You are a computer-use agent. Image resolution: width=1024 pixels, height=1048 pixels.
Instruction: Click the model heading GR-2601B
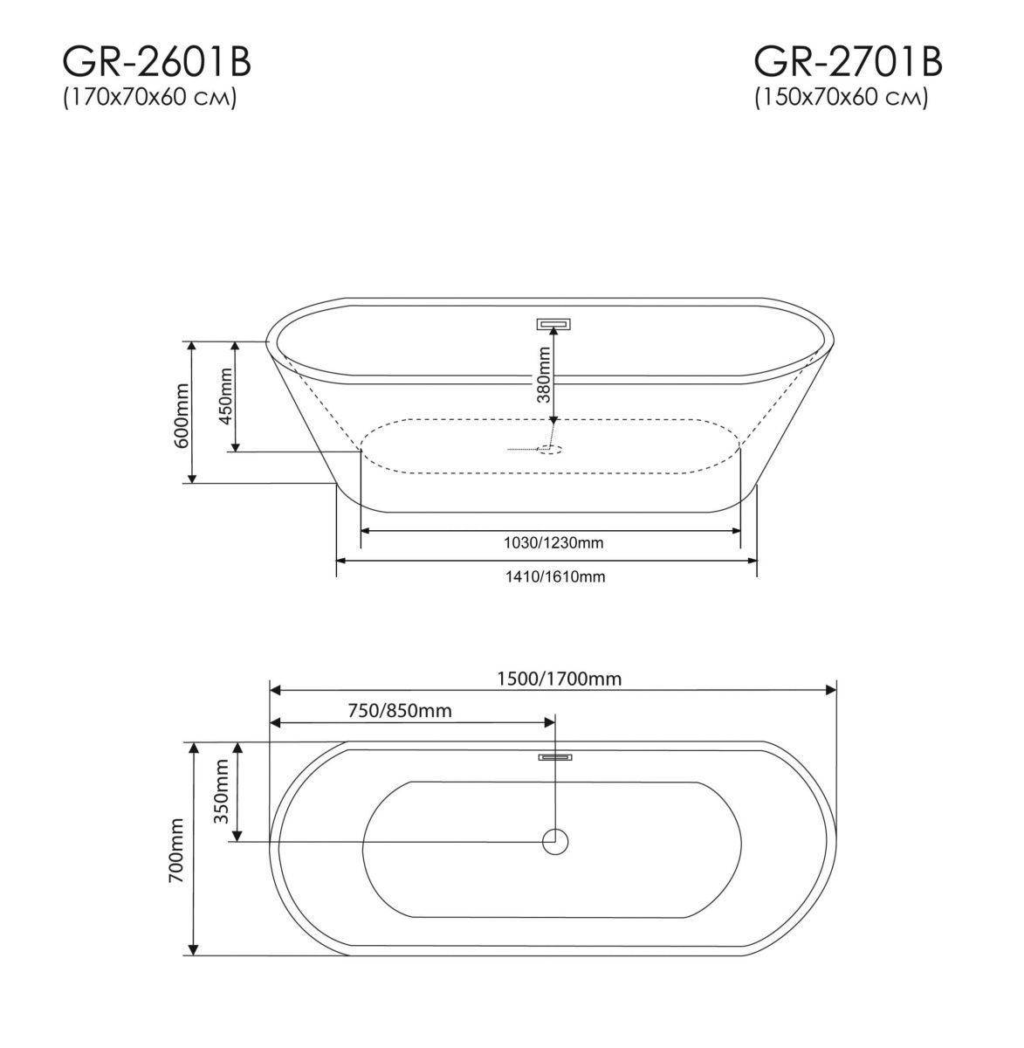click(x=157, y=62)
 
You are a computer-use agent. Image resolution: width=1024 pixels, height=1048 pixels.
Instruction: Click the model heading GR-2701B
click(x=848, y=62)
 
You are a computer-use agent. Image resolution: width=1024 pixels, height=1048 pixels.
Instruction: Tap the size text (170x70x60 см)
click(x=150, y=98)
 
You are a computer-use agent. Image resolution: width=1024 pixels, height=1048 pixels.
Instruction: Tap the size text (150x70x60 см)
click(x=842, y=98)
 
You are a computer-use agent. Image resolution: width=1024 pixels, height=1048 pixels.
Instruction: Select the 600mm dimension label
click(x=182, y=415)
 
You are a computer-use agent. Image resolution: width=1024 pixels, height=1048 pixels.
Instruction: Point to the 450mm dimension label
click(x=225, y=396)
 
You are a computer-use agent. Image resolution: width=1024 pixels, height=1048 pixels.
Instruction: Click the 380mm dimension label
click(x=544, y=375)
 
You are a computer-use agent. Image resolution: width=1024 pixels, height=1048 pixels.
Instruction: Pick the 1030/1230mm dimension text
click(x=553, y=543)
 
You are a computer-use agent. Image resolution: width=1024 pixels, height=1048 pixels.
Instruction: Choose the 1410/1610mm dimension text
click(x=555, y=576)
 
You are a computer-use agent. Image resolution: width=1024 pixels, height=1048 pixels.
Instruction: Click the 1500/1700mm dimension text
click(x=559, y=679)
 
